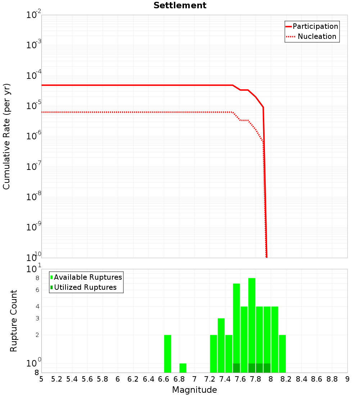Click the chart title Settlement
[x=180, y=6]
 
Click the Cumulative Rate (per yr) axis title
[x=6, y=136]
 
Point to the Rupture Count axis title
[x=14, y=321]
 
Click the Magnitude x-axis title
[x=194, y=390]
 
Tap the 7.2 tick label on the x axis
[x=210, y=379]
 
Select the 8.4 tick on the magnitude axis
[x=302, y=379]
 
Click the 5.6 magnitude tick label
[x=87, y=379]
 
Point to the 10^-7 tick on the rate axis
[x=34, y=167]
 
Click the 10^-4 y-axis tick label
[x=34, y=76]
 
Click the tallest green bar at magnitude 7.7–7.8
[x=252, y=324]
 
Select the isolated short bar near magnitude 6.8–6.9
[x=183, y=368]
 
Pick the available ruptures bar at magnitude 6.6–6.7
[x=167, y=354]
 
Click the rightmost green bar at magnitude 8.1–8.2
[x=282, y=354]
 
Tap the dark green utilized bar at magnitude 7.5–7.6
[x=237, y=368]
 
